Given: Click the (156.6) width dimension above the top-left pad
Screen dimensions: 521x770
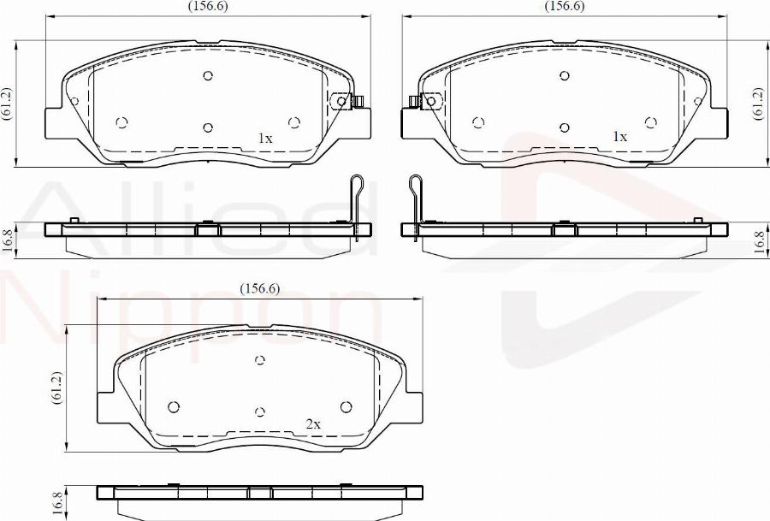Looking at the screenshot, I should tap(208, 6).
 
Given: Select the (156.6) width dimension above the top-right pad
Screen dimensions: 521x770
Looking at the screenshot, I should tap(564, 6).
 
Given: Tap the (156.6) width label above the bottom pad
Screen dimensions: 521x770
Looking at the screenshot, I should tap(258, 288).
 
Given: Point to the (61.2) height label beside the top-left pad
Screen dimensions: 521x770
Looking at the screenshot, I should tap(7, 104).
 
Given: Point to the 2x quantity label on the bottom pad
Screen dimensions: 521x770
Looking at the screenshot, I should tap(313, 423).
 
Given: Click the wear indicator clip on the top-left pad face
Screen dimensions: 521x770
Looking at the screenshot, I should tap(346, 101).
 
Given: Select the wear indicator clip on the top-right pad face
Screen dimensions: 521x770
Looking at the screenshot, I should tap(425, 102).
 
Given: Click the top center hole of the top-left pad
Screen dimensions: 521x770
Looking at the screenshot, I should tap(208, 75).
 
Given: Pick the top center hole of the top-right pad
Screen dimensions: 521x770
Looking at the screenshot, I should tap(564, 75).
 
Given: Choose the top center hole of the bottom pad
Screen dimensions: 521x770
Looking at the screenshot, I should tap(261, 360).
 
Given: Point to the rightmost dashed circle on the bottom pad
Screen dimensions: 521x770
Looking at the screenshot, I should tap(346, 406).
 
